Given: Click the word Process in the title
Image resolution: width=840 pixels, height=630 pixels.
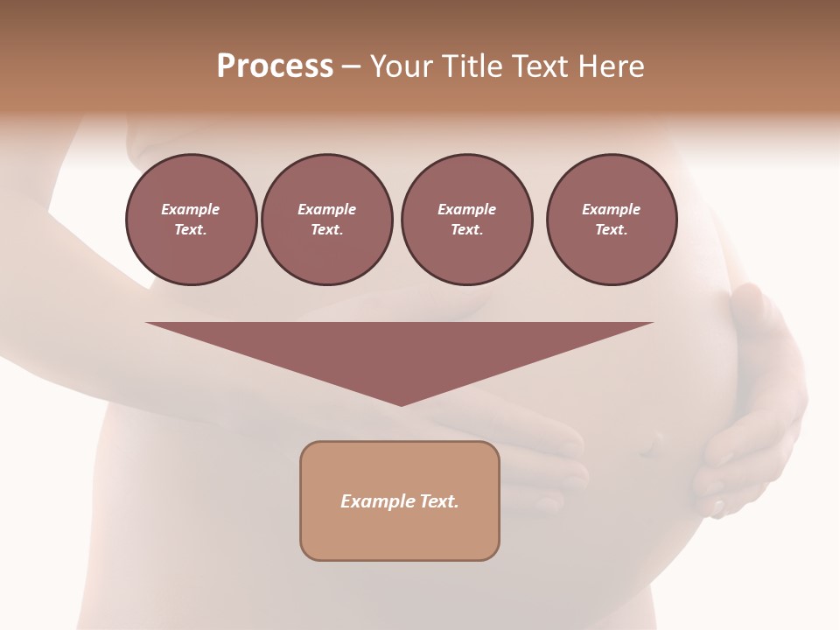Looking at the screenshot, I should coord(275,66).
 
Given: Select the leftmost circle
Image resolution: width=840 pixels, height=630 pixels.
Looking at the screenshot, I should coord(191,220).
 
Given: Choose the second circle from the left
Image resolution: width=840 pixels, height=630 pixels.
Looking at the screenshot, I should coord(326,220).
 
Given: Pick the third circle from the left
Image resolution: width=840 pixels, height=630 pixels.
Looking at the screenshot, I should coord(466,220).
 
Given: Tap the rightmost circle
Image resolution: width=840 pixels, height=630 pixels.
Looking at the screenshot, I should coord(611,220).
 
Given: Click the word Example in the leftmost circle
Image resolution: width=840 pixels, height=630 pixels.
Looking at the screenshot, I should coord(191,209).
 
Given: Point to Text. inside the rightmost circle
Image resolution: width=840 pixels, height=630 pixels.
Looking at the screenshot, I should coord(611,230).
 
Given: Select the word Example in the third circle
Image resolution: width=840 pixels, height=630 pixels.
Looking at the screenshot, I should coord(466,209).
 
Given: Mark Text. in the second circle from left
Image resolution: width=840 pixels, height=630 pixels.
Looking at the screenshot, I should coord(326,230).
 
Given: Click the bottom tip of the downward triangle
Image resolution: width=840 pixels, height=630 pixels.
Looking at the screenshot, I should coord(401,404).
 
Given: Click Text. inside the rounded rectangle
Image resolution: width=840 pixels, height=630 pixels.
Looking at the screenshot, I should coord(439,501).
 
